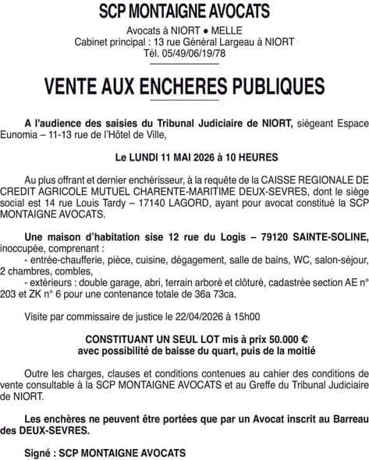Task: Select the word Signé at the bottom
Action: [39, 452]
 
